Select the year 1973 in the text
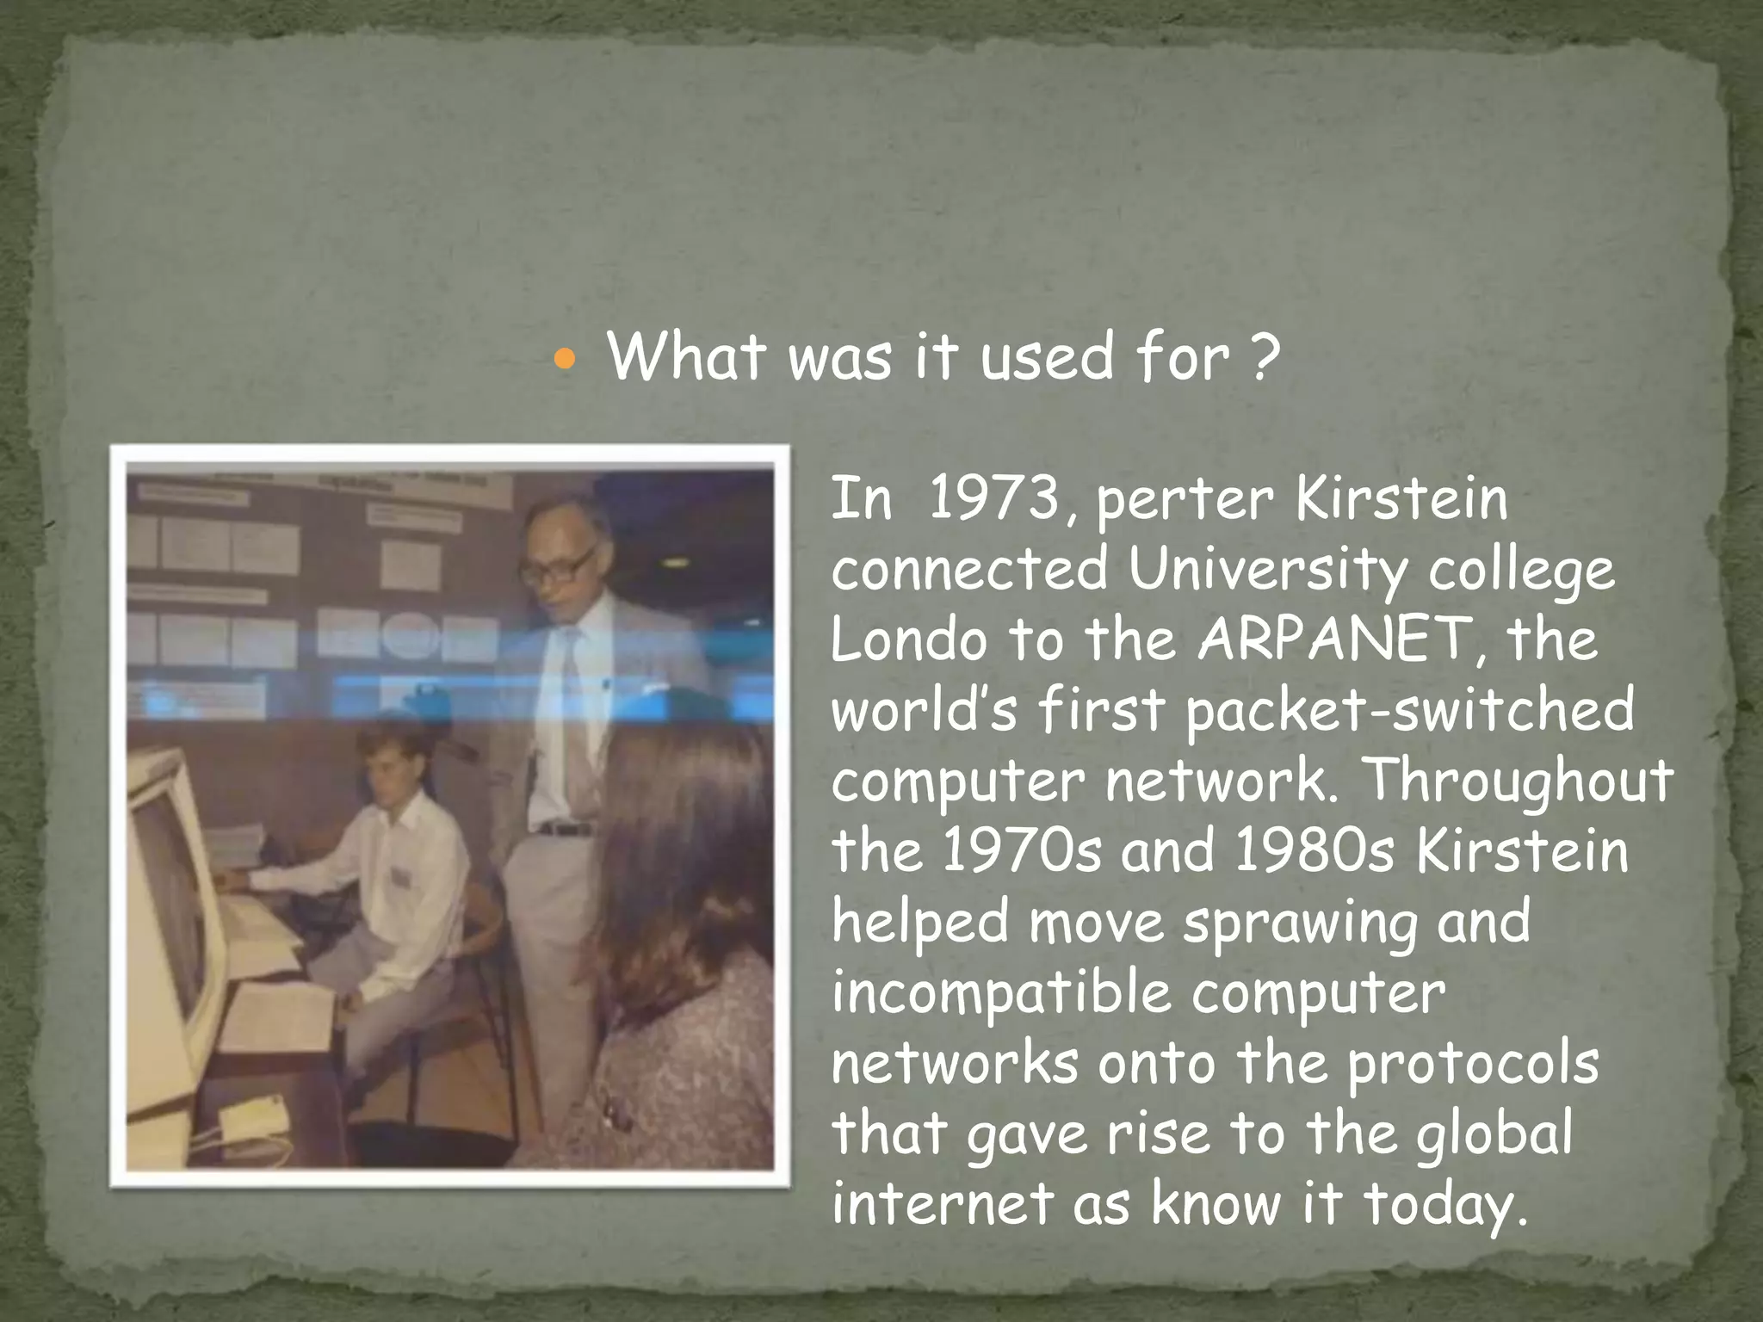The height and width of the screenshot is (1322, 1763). click(994, 498)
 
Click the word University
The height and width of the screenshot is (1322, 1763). click(1267, 571)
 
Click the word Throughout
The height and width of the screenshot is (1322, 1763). click(1519, 781)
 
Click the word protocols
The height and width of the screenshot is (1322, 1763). click(1473, 1065)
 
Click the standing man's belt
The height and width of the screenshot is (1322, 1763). click(564, 830)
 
